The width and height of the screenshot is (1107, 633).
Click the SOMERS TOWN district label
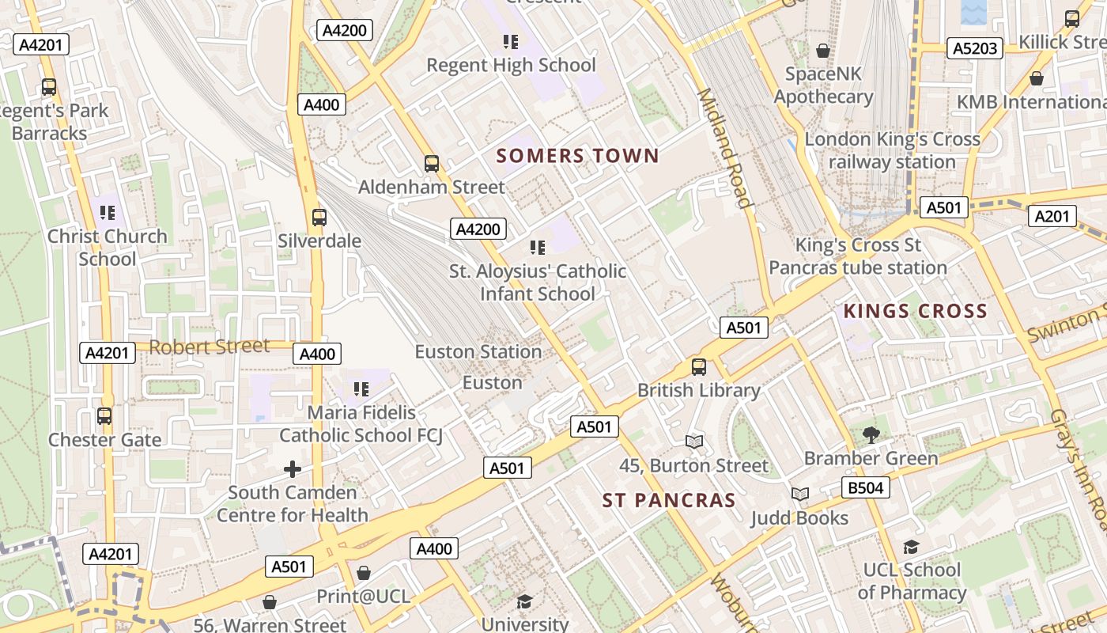point(577,156)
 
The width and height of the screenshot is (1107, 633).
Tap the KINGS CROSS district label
point(915,311)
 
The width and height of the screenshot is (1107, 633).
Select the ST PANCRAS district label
point(669,501)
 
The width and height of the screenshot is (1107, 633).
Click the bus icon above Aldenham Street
point(431,164)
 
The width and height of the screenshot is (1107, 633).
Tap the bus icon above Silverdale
point(319,218)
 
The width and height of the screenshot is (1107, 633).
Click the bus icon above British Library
point(698,367)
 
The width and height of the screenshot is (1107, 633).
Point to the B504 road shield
point(865,487)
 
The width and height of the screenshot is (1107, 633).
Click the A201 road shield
point(1052,216)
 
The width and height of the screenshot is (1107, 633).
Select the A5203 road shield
point(974,49)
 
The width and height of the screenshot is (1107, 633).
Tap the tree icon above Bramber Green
point(871,434)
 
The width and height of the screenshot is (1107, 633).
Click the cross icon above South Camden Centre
point(293,469)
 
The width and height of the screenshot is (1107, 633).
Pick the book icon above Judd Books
point(800,495)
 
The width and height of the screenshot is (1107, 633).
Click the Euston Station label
point(478,351)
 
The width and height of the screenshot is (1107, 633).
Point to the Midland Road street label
point(723,147)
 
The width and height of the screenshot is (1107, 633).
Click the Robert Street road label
point(210,347)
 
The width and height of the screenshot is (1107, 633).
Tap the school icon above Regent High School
point(511,41)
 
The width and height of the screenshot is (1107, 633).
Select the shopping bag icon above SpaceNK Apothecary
point(823,51)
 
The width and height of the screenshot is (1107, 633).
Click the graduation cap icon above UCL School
point(911,547)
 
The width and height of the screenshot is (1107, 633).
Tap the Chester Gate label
point(104,440)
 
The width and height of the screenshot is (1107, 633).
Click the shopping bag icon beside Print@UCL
point(364,573)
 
